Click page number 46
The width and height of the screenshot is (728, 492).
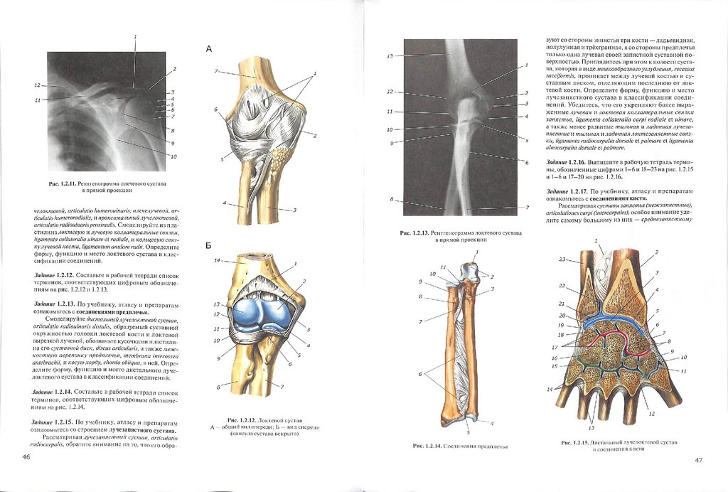26,456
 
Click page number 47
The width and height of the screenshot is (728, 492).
698,460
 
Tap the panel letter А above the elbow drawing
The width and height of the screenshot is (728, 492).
209,49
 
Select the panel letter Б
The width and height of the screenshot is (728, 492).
209,244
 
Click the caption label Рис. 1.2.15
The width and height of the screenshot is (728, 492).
576,443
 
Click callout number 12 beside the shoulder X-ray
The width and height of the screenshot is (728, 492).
38,85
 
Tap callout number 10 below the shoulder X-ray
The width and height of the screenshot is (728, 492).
173,156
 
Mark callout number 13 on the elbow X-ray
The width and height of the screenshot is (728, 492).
390,55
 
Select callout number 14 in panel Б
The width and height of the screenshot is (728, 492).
218,261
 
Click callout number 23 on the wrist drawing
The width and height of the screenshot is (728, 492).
563,260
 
